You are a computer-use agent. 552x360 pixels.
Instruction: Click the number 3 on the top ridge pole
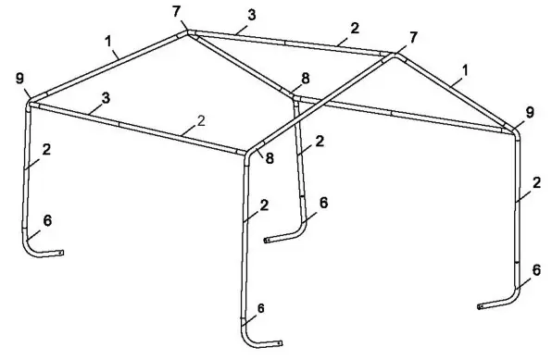(252, 15)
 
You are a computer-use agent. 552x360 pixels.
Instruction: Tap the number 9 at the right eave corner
(530, 112)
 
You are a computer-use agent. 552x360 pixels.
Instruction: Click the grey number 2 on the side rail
(201, 120)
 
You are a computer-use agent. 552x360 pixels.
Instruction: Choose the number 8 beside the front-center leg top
(270, 158)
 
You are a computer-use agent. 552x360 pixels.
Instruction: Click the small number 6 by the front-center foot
(260, 307)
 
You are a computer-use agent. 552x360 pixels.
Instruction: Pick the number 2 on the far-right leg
(536, 183)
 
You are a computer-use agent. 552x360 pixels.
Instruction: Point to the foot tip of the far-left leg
(63, 253)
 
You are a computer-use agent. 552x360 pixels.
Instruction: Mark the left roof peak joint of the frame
(189, 32)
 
